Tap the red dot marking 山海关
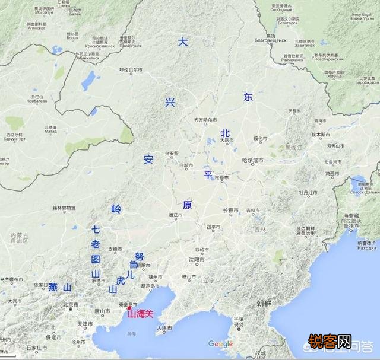tap(129, 308)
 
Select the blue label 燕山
tap(61, 288)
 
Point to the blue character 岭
tap(116, 208)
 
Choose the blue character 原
tap(187, 205)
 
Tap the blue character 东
tap(248, 98)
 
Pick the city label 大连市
tap(164, 327)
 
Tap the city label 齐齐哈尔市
tap(205, 120)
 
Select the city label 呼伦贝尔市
tap(131, 69)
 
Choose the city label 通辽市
tap(175, 215)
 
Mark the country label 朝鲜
tap(265, 302)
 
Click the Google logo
tap(220, 343)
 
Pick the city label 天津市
tap(83, 324)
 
